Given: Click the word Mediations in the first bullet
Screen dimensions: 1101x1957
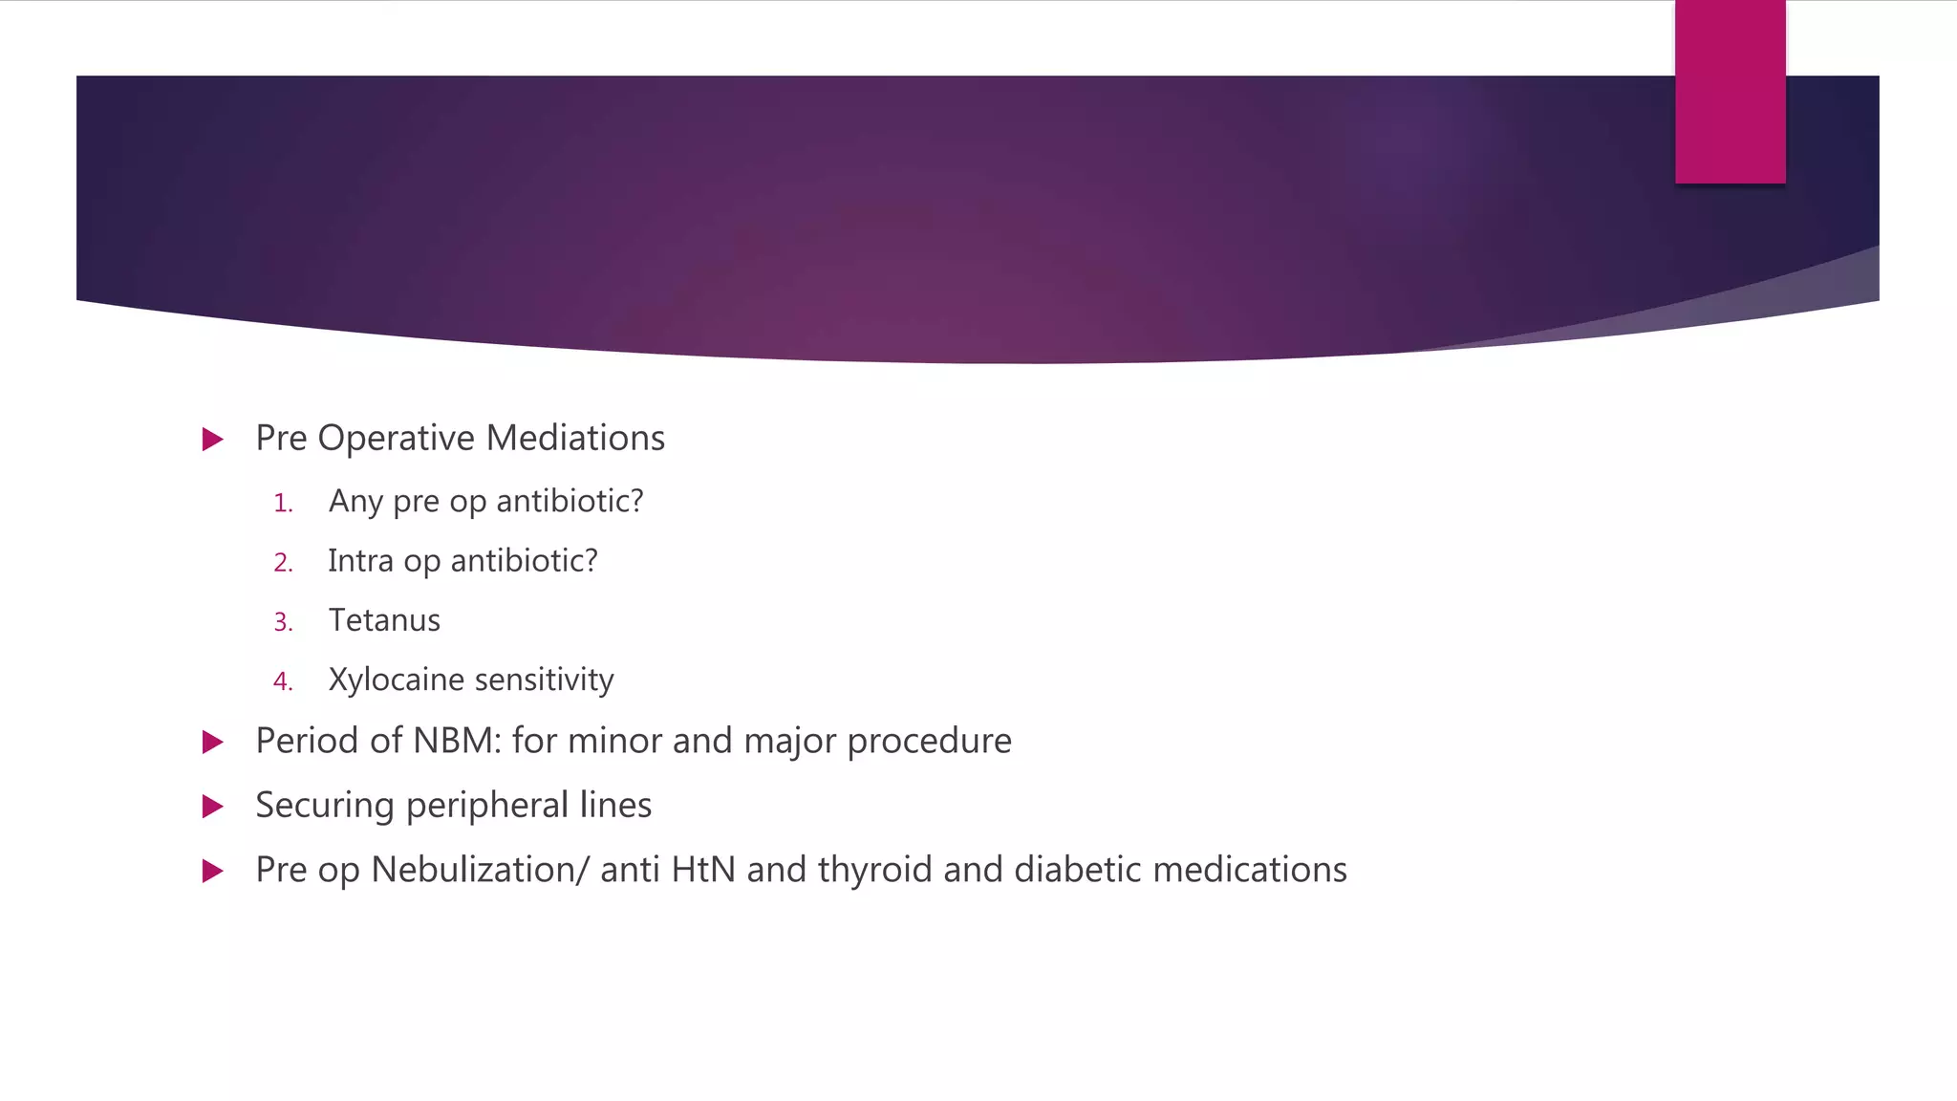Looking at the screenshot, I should coord(575,439).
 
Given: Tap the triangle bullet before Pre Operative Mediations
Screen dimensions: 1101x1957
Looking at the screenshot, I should coord(213,440).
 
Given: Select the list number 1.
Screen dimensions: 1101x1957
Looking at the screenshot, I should coord(283,504).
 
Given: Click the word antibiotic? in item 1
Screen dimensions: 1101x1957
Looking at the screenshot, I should coord(570,501).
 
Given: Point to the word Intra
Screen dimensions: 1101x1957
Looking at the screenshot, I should coord(360,561).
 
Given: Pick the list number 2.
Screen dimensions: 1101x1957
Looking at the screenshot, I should coord(283,563).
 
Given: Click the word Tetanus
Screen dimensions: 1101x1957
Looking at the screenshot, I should coord(384,620).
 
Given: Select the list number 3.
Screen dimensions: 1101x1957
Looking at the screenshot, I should coord(283,623).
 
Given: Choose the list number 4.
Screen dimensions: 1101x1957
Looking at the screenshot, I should coord(283,682).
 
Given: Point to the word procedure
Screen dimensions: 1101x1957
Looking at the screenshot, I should coord(929,742).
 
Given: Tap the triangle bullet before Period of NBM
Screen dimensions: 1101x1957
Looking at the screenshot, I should coord(213,743).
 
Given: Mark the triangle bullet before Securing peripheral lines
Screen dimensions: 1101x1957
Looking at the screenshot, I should coord(213,807).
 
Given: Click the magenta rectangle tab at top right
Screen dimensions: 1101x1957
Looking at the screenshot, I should coord(1730,92).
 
